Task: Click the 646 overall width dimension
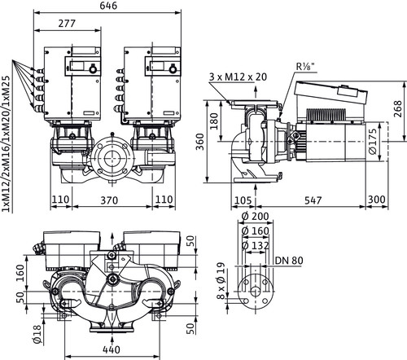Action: click(108, 6)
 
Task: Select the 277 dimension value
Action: click(67, 24)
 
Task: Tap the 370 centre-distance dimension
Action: click(109, 200)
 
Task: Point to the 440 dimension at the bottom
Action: click(112, 349)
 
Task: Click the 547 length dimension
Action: click(313, 200)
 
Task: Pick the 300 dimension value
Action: click(377, 200)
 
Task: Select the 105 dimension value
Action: click(243, 200)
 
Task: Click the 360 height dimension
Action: click(200, 142)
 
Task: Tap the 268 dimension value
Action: click(398, 109)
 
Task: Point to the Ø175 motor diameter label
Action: click(374, 142)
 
